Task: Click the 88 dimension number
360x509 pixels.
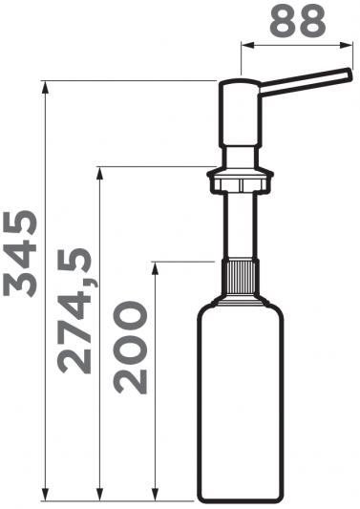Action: [297, 21]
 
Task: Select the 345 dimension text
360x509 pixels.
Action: [20, 253]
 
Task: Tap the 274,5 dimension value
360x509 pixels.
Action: [74, 310]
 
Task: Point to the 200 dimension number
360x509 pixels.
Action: [131, 348]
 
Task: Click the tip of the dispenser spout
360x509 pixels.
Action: [349, 74]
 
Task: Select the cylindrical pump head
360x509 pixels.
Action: [240, 113]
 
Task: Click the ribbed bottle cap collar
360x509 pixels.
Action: [241, 277]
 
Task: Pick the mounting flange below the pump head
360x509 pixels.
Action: [241, 180]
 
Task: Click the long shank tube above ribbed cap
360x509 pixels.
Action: [241, 226]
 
